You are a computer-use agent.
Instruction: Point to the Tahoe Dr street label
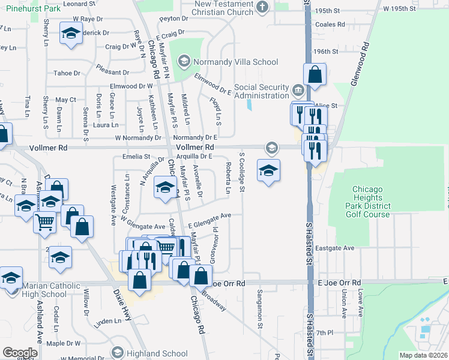67,73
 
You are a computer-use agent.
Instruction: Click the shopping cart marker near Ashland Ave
46,223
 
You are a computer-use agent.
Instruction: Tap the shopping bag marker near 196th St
315,75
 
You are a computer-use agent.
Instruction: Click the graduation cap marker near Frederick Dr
71,34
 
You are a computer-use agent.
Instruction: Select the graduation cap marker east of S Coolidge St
268,170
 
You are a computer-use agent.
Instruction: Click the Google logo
20,353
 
